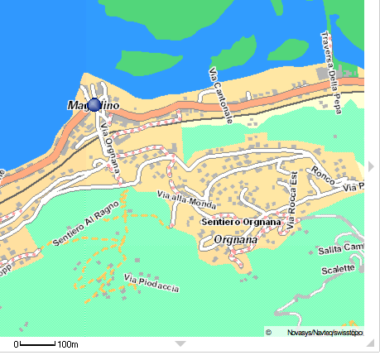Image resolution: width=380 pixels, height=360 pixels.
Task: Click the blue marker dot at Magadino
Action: tap(94, 105)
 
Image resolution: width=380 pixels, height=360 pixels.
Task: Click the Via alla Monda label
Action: tap(186, 200)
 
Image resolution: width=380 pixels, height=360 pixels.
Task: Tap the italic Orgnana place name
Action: tap(236, 240)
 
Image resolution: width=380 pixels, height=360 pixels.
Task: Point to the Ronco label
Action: tap(321, 175)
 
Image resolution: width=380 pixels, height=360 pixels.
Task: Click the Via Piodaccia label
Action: tap(151, 282)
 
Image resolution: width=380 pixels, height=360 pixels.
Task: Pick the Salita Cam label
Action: tap(342, 249)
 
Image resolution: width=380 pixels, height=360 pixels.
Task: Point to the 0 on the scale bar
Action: tap(16, 343)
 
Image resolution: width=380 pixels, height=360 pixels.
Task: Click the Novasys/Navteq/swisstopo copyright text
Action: tap(325, 332)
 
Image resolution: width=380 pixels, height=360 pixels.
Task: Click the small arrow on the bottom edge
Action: tap(179, 343)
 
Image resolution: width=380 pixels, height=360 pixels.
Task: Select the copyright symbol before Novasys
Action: tap(269, 332)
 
